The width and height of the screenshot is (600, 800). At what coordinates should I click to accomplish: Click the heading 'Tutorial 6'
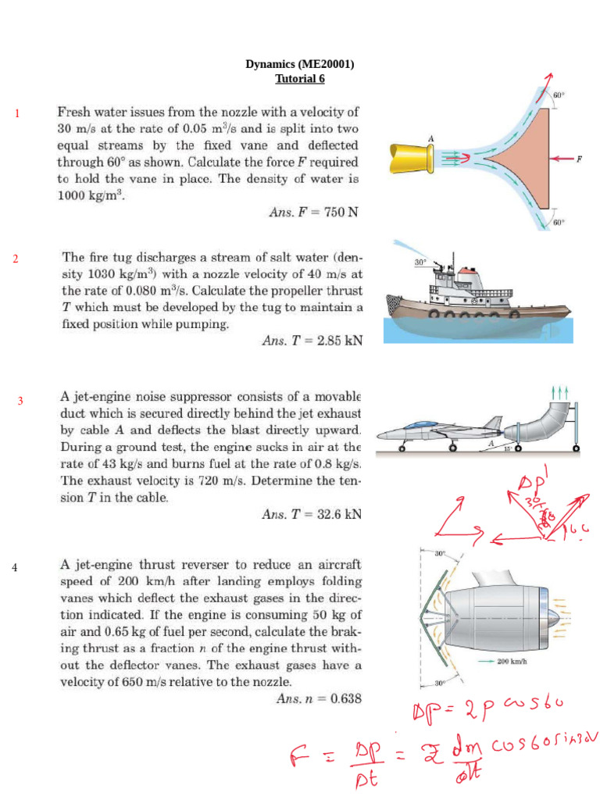[x=300, y=79]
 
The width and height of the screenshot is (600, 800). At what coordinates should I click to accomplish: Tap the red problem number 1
[x=16, y=115]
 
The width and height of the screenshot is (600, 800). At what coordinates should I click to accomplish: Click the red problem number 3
[x=20, y=401]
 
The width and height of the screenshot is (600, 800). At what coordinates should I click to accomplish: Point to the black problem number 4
[x=14, y=566]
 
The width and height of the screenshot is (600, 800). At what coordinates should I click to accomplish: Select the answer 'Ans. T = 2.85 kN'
[x=311, y=340]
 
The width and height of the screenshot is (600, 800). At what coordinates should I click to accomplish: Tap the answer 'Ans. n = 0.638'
[x=320, y=699]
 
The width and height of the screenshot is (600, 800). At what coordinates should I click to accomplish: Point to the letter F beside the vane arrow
[x=579, y=159]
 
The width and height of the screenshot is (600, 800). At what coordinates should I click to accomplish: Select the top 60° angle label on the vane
[x=559, y=95]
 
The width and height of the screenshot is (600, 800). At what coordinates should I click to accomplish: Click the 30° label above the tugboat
[x=420, y=263]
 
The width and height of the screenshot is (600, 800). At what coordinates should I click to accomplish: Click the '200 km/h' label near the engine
[x=513, y=660]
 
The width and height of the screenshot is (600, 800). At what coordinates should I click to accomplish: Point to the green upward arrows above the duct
[x=559, y=392]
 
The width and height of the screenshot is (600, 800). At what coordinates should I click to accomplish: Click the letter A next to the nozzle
[x=430, y=138]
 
